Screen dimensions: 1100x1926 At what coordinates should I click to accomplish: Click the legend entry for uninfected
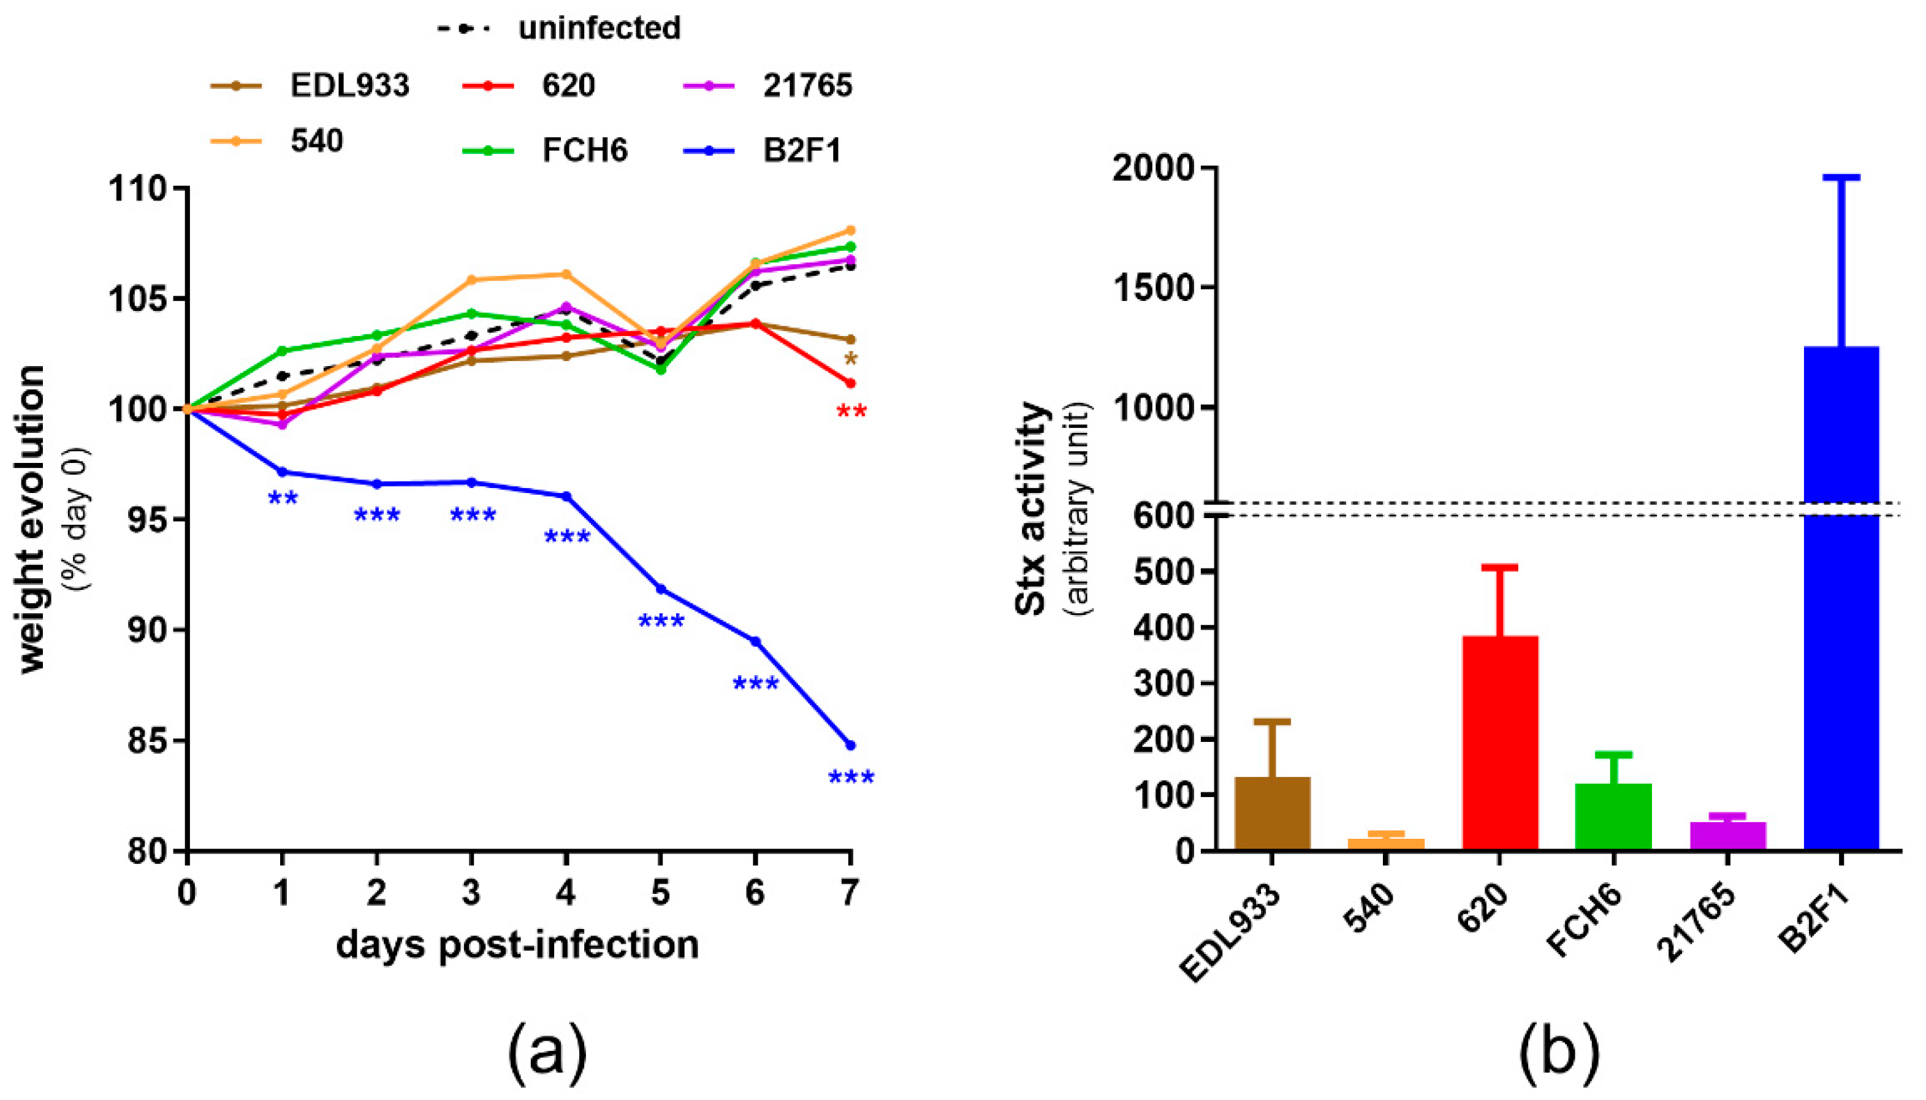559,29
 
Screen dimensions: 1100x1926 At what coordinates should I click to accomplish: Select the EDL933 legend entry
310,85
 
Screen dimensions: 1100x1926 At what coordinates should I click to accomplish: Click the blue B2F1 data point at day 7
850,745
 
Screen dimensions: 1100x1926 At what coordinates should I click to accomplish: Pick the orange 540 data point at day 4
566,274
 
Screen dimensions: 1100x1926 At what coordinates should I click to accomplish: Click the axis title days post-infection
517,945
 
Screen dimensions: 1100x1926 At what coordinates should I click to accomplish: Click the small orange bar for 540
1386,844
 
